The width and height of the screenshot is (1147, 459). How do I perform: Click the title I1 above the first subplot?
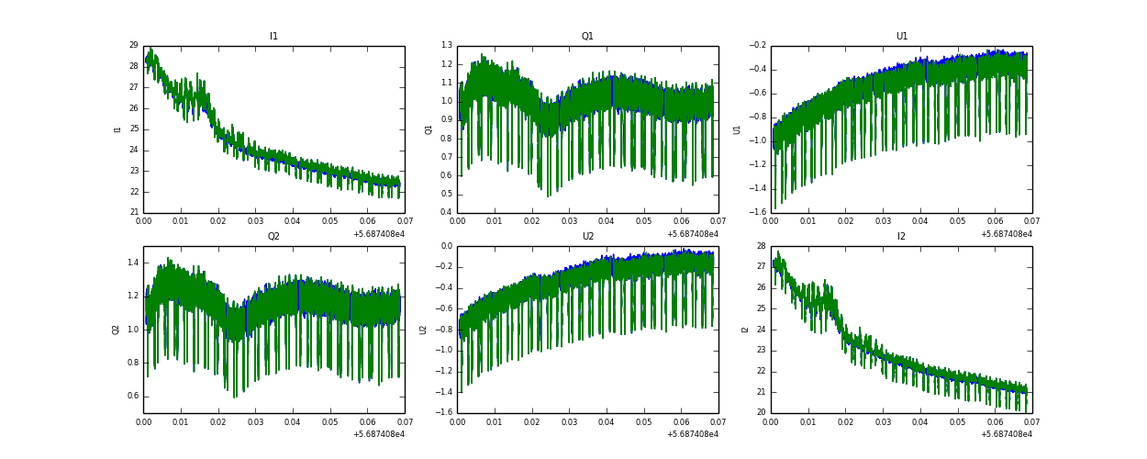coord(273,37)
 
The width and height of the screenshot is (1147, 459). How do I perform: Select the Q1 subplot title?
coord(587,37)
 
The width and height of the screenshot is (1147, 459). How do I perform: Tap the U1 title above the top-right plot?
coord(901,37)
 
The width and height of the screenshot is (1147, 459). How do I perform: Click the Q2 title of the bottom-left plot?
coord(273,237)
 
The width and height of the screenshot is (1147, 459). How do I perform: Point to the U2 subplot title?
coord(587,237)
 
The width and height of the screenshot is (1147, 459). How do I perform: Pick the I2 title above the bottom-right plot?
coord(901,237)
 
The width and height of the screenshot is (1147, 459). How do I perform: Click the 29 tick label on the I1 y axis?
coord(133,45)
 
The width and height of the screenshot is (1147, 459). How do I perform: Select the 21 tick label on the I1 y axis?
coord(133,212)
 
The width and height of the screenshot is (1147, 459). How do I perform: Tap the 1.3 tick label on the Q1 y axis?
coord(446,45)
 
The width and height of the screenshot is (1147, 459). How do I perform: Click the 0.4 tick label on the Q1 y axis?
coord(446,212)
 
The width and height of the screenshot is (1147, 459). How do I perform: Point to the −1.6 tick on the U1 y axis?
coord(757,212)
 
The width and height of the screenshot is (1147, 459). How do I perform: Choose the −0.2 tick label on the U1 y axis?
coord(757,45)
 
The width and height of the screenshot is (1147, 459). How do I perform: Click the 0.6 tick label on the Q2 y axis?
coord(132,397)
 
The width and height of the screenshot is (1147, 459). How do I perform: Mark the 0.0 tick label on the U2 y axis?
coord(446,246)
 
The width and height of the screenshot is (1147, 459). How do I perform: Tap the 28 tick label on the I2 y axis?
coord(761,246)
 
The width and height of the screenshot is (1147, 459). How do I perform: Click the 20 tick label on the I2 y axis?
coord(761,412)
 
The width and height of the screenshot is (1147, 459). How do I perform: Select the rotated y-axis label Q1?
coord(429,129)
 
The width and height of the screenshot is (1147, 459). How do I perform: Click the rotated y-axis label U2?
coord(423,330)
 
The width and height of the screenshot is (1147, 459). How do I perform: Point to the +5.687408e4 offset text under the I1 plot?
coord(379,234)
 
